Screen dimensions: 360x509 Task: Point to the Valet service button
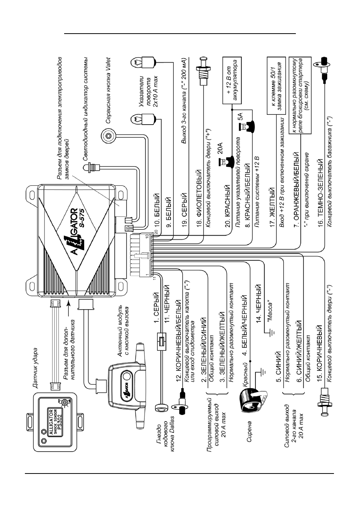(x=109, y=136)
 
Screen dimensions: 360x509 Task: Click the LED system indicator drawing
(x=92, y=168)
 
